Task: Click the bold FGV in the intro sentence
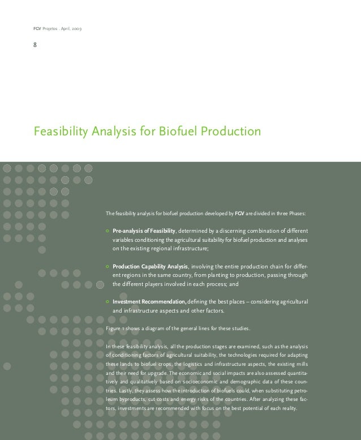coord(239,214)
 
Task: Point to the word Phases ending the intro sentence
coord(298,214)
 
